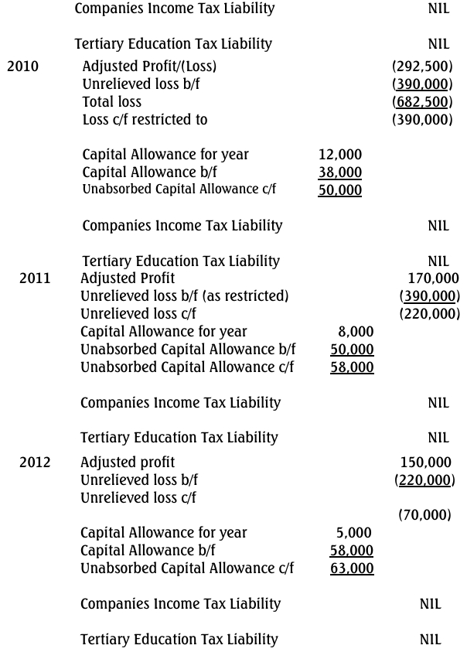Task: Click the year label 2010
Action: coord(22,66)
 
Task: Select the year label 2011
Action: coord(35,278)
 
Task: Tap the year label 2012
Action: coord(35,463)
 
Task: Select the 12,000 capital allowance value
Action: coord(339,155)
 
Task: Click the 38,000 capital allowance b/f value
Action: coord(339,172)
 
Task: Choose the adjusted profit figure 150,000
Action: coord(425,463)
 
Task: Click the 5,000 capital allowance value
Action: coord(353,532)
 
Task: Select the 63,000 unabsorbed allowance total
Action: coord(352,569)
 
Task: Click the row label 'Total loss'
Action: coord(112,101)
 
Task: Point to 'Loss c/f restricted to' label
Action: coord(145,120)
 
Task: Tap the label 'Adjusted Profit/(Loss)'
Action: coord(150,66)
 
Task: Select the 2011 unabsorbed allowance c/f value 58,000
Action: coord(352,368)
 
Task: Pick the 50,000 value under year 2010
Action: coord(339,190)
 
